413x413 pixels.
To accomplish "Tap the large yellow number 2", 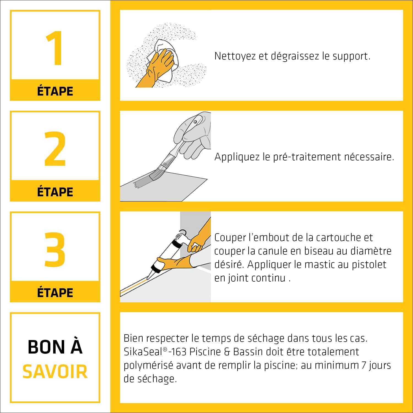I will [55, 149].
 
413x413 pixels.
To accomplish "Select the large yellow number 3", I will [55, 249].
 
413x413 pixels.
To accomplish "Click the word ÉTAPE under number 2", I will [55, 192].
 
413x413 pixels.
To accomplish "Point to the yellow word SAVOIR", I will [55, 371].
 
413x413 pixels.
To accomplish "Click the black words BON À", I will [55, 347].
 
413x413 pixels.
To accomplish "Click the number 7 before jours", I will [364, 365].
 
